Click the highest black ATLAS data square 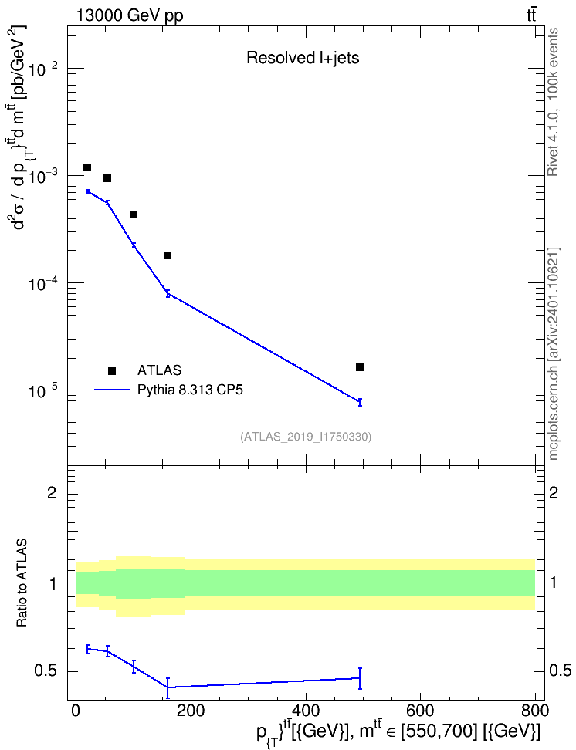pos(87,167)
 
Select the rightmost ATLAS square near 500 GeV pos(360,367)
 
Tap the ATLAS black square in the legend pos(112,370)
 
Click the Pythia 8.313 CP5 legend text pos(190,390)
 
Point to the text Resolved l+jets pos(303,58)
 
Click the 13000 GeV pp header pos(129,16)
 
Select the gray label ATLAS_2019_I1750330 pos(306,437)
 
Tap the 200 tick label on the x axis pos(191,711)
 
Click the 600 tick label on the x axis pos(420,711)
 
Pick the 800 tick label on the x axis pos(535,711)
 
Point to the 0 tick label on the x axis pos(76,711)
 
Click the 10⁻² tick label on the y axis pos(44,69)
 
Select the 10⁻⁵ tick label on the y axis pos(44,390)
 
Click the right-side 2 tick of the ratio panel pos(554,492)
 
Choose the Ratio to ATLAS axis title pos(22,583)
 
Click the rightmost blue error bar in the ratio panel pos(359,678)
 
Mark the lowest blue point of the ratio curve pos(168,687)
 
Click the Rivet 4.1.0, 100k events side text pos(553,102)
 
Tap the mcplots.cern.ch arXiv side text pos(553,354)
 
